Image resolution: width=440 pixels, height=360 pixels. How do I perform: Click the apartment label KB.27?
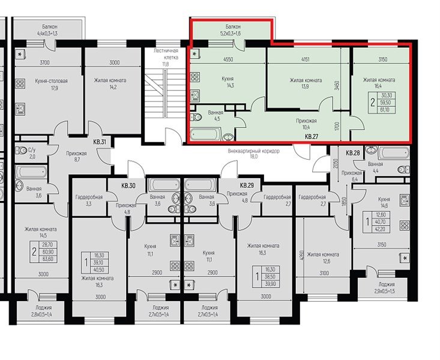(311, 137)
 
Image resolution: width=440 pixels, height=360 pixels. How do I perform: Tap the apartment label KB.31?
(99, 142)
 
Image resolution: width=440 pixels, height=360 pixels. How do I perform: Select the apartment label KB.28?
(353, 154)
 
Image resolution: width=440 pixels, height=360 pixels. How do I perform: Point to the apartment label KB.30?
(129, 186)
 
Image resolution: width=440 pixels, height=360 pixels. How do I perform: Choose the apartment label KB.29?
(247, 186)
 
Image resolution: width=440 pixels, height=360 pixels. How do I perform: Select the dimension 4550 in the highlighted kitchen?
(228, 59)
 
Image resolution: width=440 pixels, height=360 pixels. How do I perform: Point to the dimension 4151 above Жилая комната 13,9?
(305, 59)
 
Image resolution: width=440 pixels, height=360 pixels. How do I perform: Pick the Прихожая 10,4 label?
(306, 124)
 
